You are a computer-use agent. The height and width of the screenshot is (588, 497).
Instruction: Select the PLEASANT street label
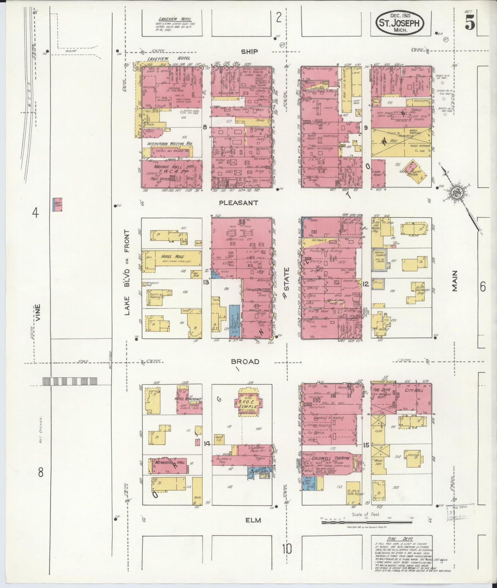tap(239, 203)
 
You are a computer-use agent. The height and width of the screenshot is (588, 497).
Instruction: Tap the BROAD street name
tap(245, 362)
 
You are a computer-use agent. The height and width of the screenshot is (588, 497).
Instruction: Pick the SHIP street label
tap(249, 52)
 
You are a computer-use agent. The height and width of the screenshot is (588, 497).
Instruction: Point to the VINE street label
tap(39, 312)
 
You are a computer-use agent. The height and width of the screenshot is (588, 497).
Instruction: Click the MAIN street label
tap(455, 281)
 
